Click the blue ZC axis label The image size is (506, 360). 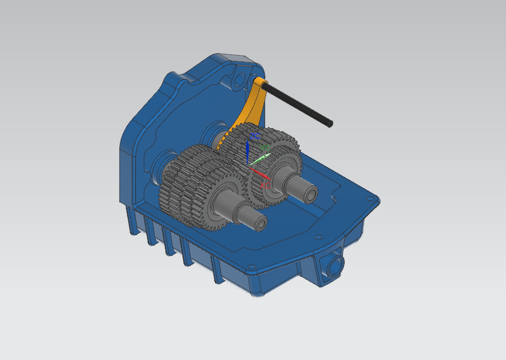(x=255, y=136)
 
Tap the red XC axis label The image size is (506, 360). (x=264, y=183)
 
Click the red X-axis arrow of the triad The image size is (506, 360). (x=260, y=173)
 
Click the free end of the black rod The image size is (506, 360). (x=330, y=124)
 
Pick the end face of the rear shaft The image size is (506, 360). (x=310, y=194)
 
